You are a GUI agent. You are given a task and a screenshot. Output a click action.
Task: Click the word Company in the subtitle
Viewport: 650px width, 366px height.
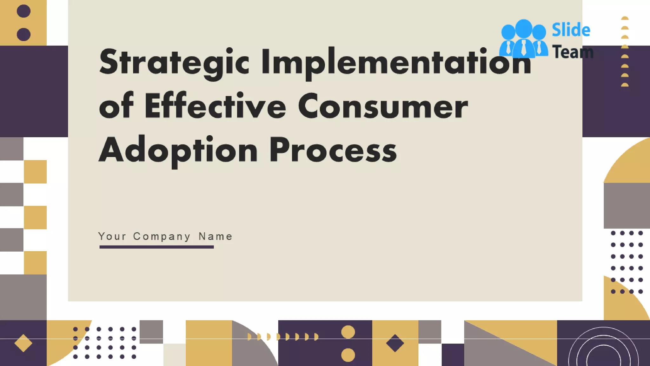click(x=162, y=236)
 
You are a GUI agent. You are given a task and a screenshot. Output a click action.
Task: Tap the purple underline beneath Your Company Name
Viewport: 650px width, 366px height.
click(x=156, y=247)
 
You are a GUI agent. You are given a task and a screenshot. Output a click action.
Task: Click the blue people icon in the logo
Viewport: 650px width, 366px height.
click(x=524, y=39)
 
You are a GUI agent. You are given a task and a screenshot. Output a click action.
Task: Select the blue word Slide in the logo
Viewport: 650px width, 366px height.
click(x=571, y=30)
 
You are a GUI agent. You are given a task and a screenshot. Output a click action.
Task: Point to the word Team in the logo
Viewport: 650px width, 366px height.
click(x=573, y=52)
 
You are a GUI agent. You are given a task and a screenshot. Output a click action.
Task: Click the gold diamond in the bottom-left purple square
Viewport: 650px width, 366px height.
click(x=23, y=343)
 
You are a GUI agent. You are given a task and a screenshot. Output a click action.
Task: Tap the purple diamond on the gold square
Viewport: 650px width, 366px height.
click(x=395, y=343)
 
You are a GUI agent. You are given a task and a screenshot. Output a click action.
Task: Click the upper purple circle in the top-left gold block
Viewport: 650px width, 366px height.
click(x=23, y=11)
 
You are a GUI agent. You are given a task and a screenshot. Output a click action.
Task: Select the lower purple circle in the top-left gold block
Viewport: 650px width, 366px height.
click(x=23, y=34)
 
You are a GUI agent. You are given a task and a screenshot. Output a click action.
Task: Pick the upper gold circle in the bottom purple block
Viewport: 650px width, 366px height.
click(x=348, y=332)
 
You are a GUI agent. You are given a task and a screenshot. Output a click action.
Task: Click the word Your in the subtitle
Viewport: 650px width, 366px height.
click(x=112, y=236)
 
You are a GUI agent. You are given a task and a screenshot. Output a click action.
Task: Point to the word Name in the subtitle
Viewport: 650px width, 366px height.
click(x=216, y=236)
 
